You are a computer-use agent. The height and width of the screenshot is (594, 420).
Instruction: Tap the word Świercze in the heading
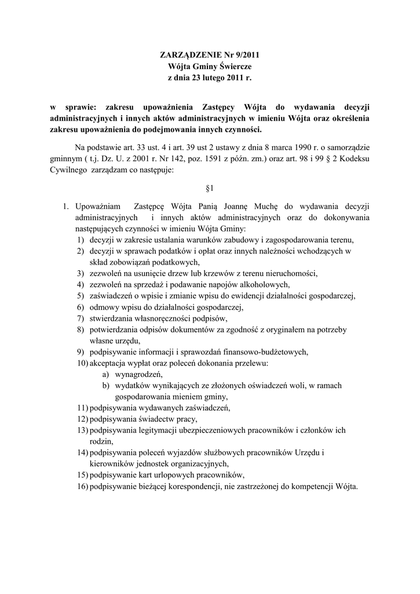233,66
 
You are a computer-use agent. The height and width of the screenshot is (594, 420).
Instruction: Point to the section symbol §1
210,189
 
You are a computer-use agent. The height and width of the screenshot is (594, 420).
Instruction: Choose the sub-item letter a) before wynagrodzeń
107,374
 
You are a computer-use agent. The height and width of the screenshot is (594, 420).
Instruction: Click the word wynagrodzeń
138,374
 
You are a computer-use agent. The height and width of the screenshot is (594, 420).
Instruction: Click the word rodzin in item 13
101,440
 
